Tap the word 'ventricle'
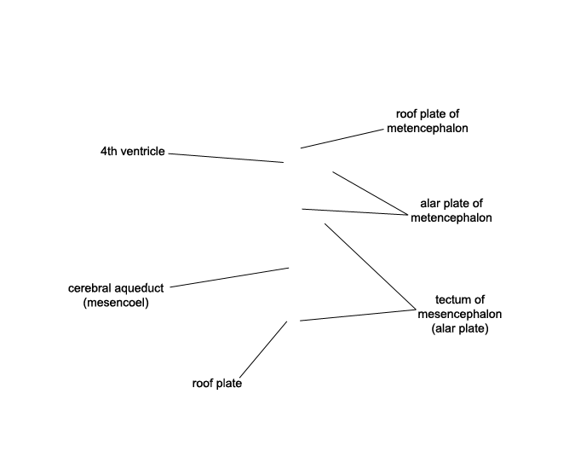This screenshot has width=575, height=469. coord(141,151)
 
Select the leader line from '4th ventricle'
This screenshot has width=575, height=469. coord(226,158)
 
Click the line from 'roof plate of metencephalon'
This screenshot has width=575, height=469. coord(342,139)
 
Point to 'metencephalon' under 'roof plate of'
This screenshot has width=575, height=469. coord(428,128)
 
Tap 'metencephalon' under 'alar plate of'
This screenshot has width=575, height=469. coord(451,217)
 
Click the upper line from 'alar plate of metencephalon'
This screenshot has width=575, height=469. coord(370,193)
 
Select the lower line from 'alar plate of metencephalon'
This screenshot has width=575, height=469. coord(354,212)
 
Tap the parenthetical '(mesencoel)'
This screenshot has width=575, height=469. coord(116,303)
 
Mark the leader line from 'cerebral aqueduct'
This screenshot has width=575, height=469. coord(229,277)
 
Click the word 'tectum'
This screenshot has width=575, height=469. coord(460,300)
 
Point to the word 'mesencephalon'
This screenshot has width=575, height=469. coord(460,314)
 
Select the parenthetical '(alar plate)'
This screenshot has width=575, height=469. coord(460,328)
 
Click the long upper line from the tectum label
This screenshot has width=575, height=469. coord(371,266)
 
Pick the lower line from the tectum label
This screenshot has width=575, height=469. coord(358,316)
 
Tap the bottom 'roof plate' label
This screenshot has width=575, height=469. coord(217,384)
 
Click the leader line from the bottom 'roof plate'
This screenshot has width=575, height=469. coord(263,350)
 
